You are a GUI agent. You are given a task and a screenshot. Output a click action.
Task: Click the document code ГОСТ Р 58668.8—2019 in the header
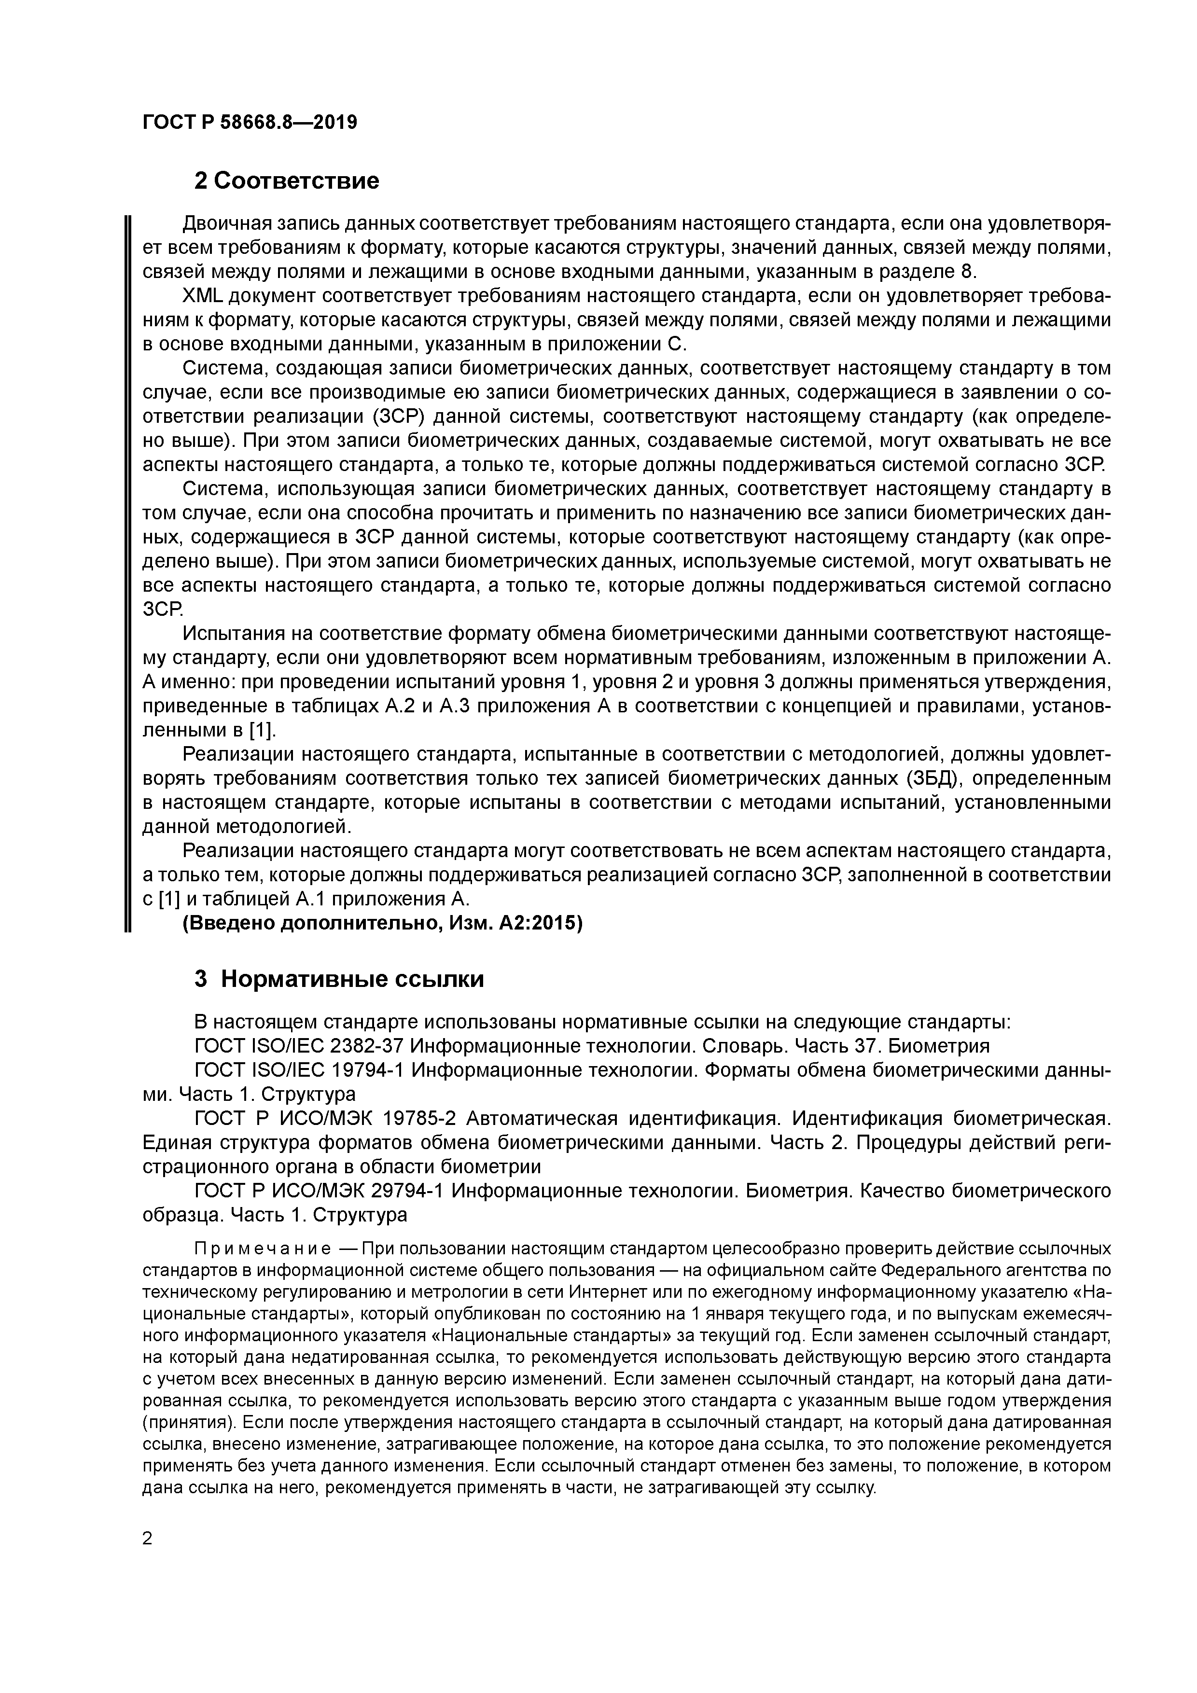coord(249,123)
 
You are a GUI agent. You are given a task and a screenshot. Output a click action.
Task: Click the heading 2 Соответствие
coord(287,180)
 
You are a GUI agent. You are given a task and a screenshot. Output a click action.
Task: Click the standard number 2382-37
coord(366,1046)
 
